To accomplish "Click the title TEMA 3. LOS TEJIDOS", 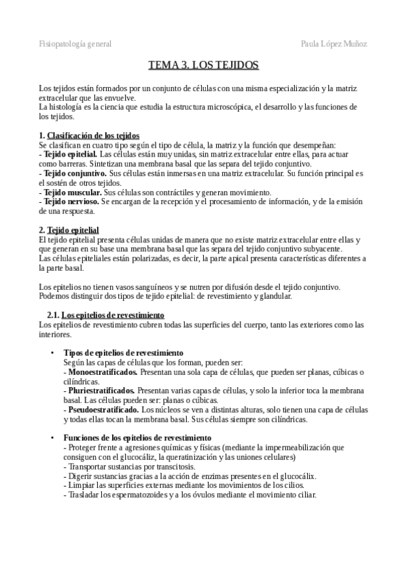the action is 203,65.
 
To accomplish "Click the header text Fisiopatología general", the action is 75,44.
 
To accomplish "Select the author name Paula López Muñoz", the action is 334,44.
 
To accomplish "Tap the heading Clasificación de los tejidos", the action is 93,135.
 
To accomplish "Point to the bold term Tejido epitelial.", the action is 67,154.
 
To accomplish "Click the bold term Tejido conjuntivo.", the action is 71,174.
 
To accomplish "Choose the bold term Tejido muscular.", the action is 69,193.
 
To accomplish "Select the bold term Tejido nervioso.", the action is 68,202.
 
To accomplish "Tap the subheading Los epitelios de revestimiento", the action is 113,315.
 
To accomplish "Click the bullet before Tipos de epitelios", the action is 52,353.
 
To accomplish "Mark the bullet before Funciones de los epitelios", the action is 52,437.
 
